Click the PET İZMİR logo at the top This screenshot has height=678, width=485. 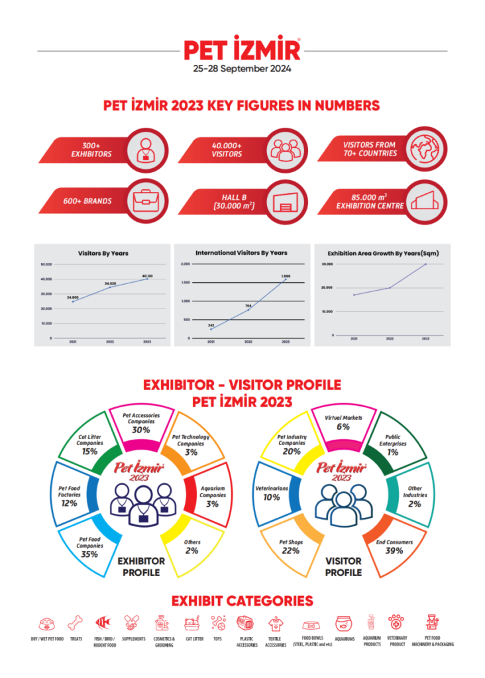click(x=242, y=50)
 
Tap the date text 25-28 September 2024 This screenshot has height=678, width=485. click(x=242, y=68)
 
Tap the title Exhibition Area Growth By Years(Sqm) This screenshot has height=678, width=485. click(x=374, y=253)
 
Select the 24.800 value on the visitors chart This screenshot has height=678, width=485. click(x=72, y=297)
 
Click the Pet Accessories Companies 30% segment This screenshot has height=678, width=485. click(x=140, y=423)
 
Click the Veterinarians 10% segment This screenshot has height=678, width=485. click(x=272, y=493)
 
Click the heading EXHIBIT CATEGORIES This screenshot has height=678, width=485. click(x=242, y=601)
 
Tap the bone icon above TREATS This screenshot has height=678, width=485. click(x=76, y=623)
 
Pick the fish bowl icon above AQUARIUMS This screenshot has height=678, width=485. click(x=345, y=623)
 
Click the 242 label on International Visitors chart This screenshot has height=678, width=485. click(x=211, y=325)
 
